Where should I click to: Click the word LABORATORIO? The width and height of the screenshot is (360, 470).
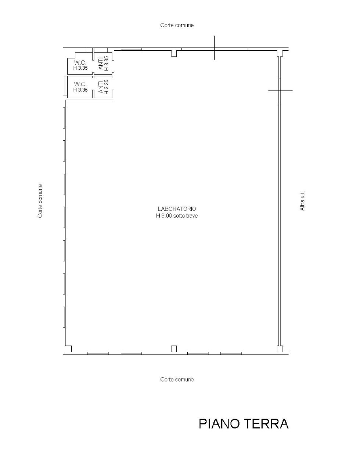click(x=176, y=209)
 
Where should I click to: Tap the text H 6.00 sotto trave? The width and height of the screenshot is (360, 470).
click(x=176, y=216)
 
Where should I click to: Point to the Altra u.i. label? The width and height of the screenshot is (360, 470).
click(x=303, y=201)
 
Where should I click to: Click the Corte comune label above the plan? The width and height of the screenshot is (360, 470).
click(x=177, y=25)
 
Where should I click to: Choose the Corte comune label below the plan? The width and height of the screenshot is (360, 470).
click(x=177, y=379)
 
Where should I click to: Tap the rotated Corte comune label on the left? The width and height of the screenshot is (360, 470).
click(x=40, y=201)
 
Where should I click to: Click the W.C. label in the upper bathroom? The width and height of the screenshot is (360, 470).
click(x=80, y=63)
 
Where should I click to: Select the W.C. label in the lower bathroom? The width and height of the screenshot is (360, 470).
click(x=80, y=84)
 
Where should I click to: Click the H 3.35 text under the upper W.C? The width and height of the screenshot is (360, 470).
click(x=80, y=68)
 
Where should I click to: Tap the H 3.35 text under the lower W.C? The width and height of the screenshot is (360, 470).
click(x=80, y=89)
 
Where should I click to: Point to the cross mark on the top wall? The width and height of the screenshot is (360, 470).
click(x=215, y=48)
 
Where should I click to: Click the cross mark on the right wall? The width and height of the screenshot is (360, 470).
click(x=280, y=90)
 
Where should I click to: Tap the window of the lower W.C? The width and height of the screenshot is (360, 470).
click(x=66, y=87)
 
